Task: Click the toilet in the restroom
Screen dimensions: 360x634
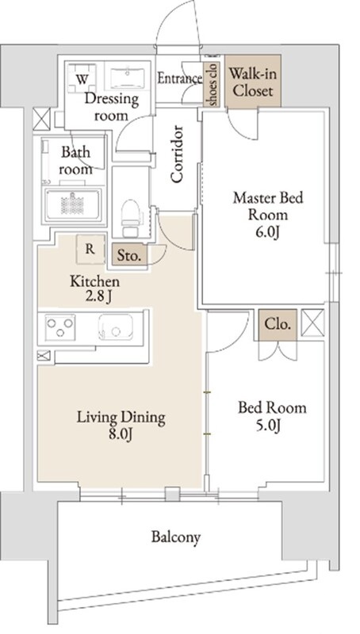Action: point(131,218)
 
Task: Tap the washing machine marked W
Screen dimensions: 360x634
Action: point(82,78)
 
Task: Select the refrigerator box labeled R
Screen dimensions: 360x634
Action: point(90,249)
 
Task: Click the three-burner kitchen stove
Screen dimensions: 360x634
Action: point(60,327)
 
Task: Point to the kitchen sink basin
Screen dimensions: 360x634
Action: point(115,327)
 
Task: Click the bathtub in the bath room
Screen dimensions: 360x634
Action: point(73,204)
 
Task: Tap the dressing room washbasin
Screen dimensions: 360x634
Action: point(127,76)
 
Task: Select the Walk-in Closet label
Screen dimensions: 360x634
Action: point(253,82)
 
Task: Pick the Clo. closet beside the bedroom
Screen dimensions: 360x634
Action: point(278,324)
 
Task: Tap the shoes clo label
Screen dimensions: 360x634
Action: point(213,84)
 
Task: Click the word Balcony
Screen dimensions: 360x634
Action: point(176,537)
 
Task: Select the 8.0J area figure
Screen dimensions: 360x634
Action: point(121,434)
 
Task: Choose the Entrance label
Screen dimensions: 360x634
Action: point(179,78)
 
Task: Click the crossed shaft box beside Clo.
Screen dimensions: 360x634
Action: point(312,323)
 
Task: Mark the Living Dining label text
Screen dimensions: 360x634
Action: point(121,418)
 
